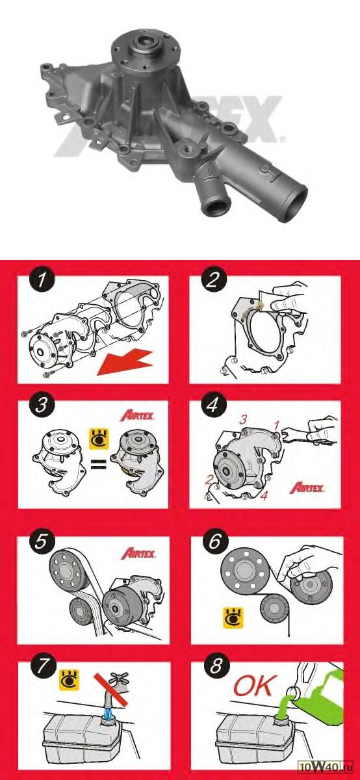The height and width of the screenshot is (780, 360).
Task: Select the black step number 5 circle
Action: [x=41, y=542]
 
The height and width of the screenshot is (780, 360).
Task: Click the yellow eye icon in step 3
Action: [x=99, y=439]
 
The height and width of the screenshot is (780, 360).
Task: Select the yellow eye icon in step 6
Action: [x=233, y=617]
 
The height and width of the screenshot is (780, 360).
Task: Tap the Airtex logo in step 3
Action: [x=137, y=416]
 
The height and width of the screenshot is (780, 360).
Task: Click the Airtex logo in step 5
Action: [x=138, y=553]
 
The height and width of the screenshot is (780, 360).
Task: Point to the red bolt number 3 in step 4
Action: [x=243, y=419]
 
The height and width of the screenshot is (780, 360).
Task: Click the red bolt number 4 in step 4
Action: [x=264, y=495]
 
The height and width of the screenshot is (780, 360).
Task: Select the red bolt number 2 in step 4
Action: [x=209, y=480]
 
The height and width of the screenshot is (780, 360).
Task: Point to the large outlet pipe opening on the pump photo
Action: [x=294, y=203]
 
